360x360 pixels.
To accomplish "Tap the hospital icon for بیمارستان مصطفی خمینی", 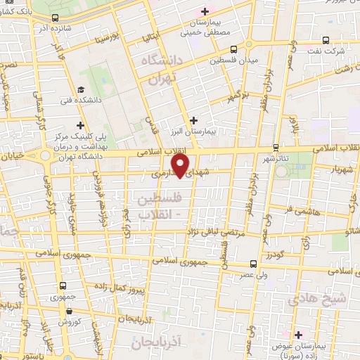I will click(205, 11).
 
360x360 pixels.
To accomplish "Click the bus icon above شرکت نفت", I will click(327, 40).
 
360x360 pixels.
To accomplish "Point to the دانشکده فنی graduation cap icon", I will click(82, 89).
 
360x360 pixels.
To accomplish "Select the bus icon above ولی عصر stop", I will click(254, 266).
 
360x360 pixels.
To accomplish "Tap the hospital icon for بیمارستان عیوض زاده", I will click(298, 334).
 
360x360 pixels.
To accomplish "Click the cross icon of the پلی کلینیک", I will click(81, 124).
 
